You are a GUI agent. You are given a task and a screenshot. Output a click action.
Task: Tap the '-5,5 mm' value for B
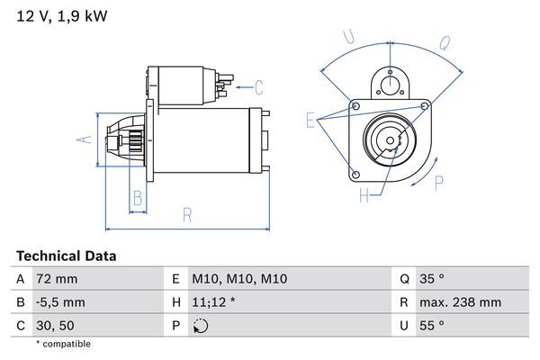click(x=60, y=302)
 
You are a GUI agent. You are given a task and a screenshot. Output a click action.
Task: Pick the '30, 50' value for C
click(x=56, y=325)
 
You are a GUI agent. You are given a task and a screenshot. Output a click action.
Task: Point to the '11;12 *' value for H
click(x=213, y=302)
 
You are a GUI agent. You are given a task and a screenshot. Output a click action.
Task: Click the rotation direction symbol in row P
click(x=200, y=325)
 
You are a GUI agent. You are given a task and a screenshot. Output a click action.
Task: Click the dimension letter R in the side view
click(x=187, y=214)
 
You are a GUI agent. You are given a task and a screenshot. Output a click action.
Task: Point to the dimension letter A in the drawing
click(x=82, y=139)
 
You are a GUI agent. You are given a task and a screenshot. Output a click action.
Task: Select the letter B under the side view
click(x=138, y=197)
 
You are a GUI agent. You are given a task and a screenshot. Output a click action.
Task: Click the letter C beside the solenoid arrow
click(x=259, y=87)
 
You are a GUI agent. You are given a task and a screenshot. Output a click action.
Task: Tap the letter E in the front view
click(x=310, y=120)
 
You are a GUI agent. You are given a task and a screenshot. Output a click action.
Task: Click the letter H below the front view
click(x=364, y=194)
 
